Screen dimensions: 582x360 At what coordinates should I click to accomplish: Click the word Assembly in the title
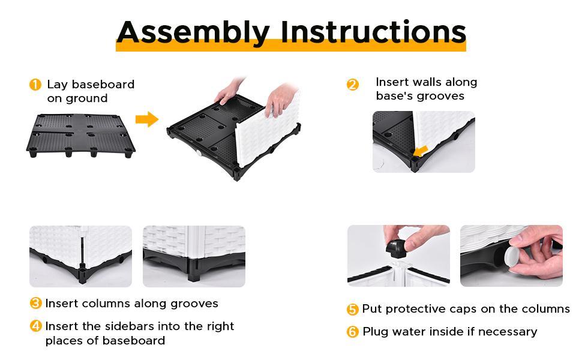[x=193, y=32]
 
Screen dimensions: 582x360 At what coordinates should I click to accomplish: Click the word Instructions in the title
[x=373, y=31]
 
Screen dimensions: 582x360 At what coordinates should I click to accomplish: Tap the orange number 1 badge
[x=35, y=85]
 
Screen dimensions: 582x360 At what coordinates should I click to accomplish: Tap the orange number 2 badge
[x=353, y=85]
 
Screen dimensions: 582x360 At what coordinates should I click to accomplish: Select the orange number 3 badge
[x=35, y=303]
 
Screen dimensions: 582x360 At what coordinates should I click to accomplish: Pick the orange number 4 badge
[x=35, y=326]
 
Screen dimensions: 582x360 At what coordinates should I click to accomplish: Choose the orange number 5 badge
[x=352, y=309]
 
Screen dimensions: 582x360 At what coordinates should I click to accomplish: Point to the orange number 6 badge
[x=352, y=331]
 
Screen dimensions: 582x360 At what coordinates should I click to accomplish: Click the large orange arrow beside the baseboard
[x=147, y=119]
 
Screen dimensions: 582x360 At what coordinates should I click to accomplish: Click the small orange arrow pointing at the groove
[x=421, y=151]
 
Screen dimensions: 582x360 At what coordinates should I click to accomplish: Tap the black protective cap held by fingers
[x=395, y=248]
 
